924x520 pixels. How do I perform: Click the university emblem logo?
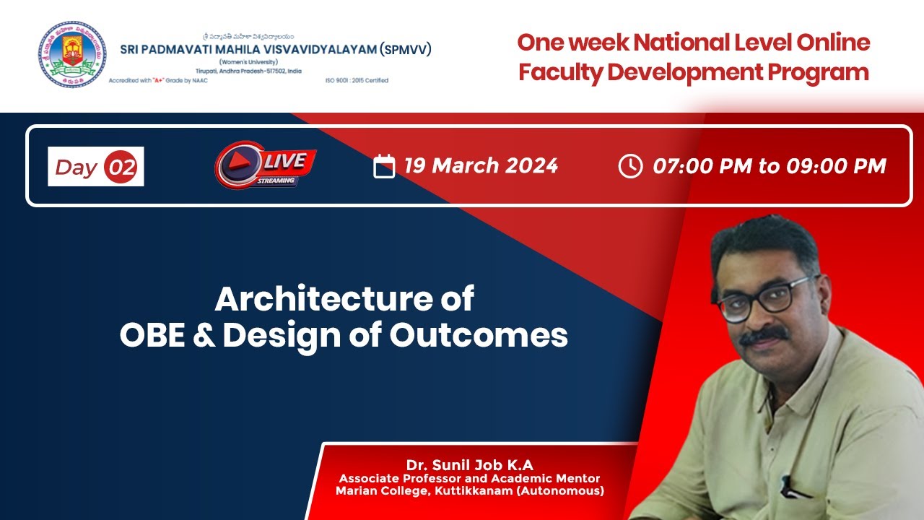pos(72,55)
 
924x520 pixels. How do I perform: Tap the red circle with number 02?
pos(121,168)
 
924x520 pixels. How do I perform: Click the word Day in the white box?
pos(77,168)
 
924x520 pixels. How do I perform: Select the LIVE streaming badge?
pos(266,166)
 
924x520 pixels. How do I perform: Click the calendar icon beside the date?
pos(384,167)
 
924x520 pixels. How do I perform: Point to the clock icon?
pos(630,166)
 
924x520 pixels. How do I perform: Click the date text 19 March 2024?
pos(481,166)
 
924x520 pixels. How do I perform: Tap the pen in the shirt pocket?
pos(794,486)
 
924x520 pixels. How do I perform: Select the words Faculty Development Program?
pos(694,72)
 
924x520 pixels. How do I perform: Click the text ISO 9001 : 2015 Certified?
pos(357,80)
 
